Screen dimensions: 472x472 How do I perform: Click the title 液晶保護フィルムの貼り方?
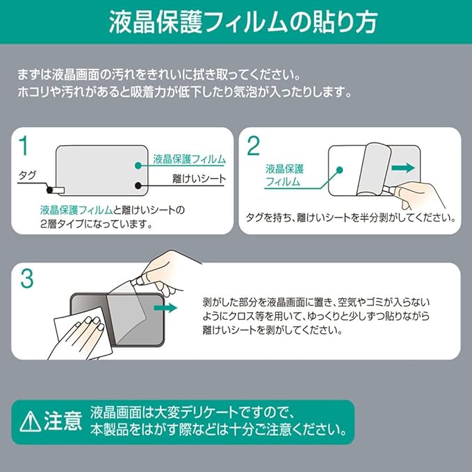click(x=243, y=22)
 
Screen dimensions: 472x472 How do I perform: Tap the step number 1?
click(x=24, y=145)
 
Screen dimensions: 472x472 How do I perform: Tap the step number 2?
click(x=253, y=146)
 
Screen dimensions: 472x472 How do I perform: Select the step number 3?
click(x=27, y=278)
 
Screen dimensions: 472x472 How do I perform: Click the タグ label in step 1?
click(x=27, y=175)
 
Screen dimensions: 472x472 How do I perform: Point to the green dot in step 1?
click(x=138, y=165)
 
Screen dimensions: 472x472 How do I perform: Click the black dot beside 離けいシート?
click(x=138, y=186)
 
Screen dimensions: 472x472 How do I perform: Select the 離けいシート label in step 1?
click(x=199, y=179)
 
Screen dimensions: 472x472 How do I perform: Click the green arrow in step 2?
click(x=403, y=168)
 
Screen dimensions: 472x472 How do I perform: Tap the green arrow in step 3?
click(x=165, y=308)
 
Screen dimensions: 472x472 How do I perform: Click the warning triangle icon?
click(x=30, y=422)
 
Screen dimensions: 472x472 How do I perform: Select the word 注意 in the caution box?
click(x=63, y=421)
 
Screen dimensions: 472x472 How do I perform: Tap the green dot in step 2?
click(x=339, y=170)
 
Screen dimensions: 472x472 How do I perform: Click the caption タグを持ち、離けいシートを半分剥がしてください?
click(x=350, y=218)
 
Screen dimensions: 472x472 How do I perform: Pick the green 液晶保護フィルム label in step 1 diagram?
click(x=189, y=159)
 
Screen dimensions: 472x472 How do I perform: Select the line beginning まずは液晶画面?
click(x=158, y=75)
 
